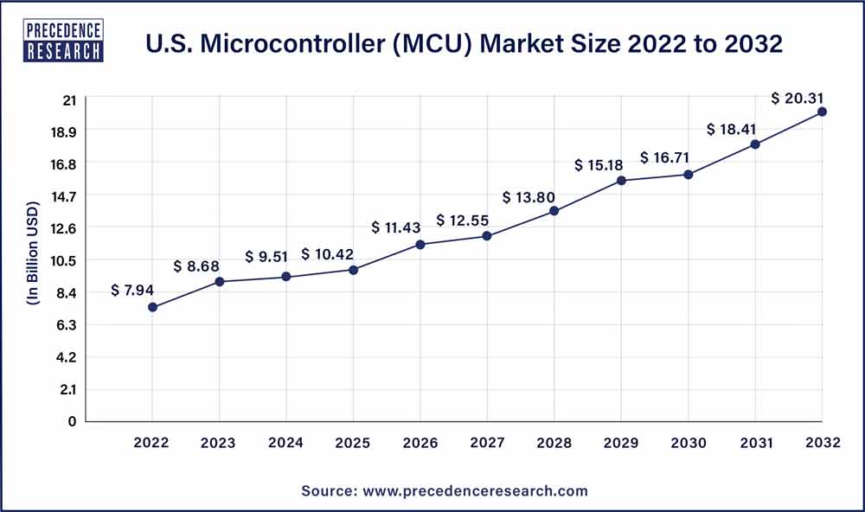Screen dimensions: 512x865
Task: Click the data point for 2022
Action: coord(152,307)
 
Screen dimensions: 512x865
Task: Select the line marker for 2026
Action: coord(420,245)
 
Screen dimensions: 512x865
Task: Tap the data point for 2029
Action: coord(621,180)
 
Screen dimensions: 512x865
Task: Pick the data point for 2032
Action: coord(822,112)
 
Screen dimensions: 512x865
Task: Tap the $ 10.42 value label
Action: coord(329,254)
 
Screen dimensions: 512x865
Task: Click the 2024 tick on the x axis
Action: coord(286,444)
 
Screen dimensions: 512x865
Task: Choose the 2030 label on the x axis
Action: coord(689,444)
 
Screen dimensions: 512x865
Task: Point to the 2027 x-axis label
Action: coord(488,444)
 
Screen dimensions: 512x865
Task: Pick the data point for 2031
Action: coord(755,144)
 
